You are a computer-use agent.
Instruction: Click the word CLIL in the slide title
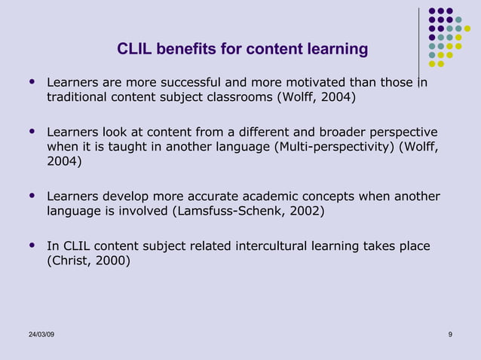[x=133, y=50]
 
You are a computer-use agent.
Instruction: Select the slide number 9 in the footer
[x=450, y=334]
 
